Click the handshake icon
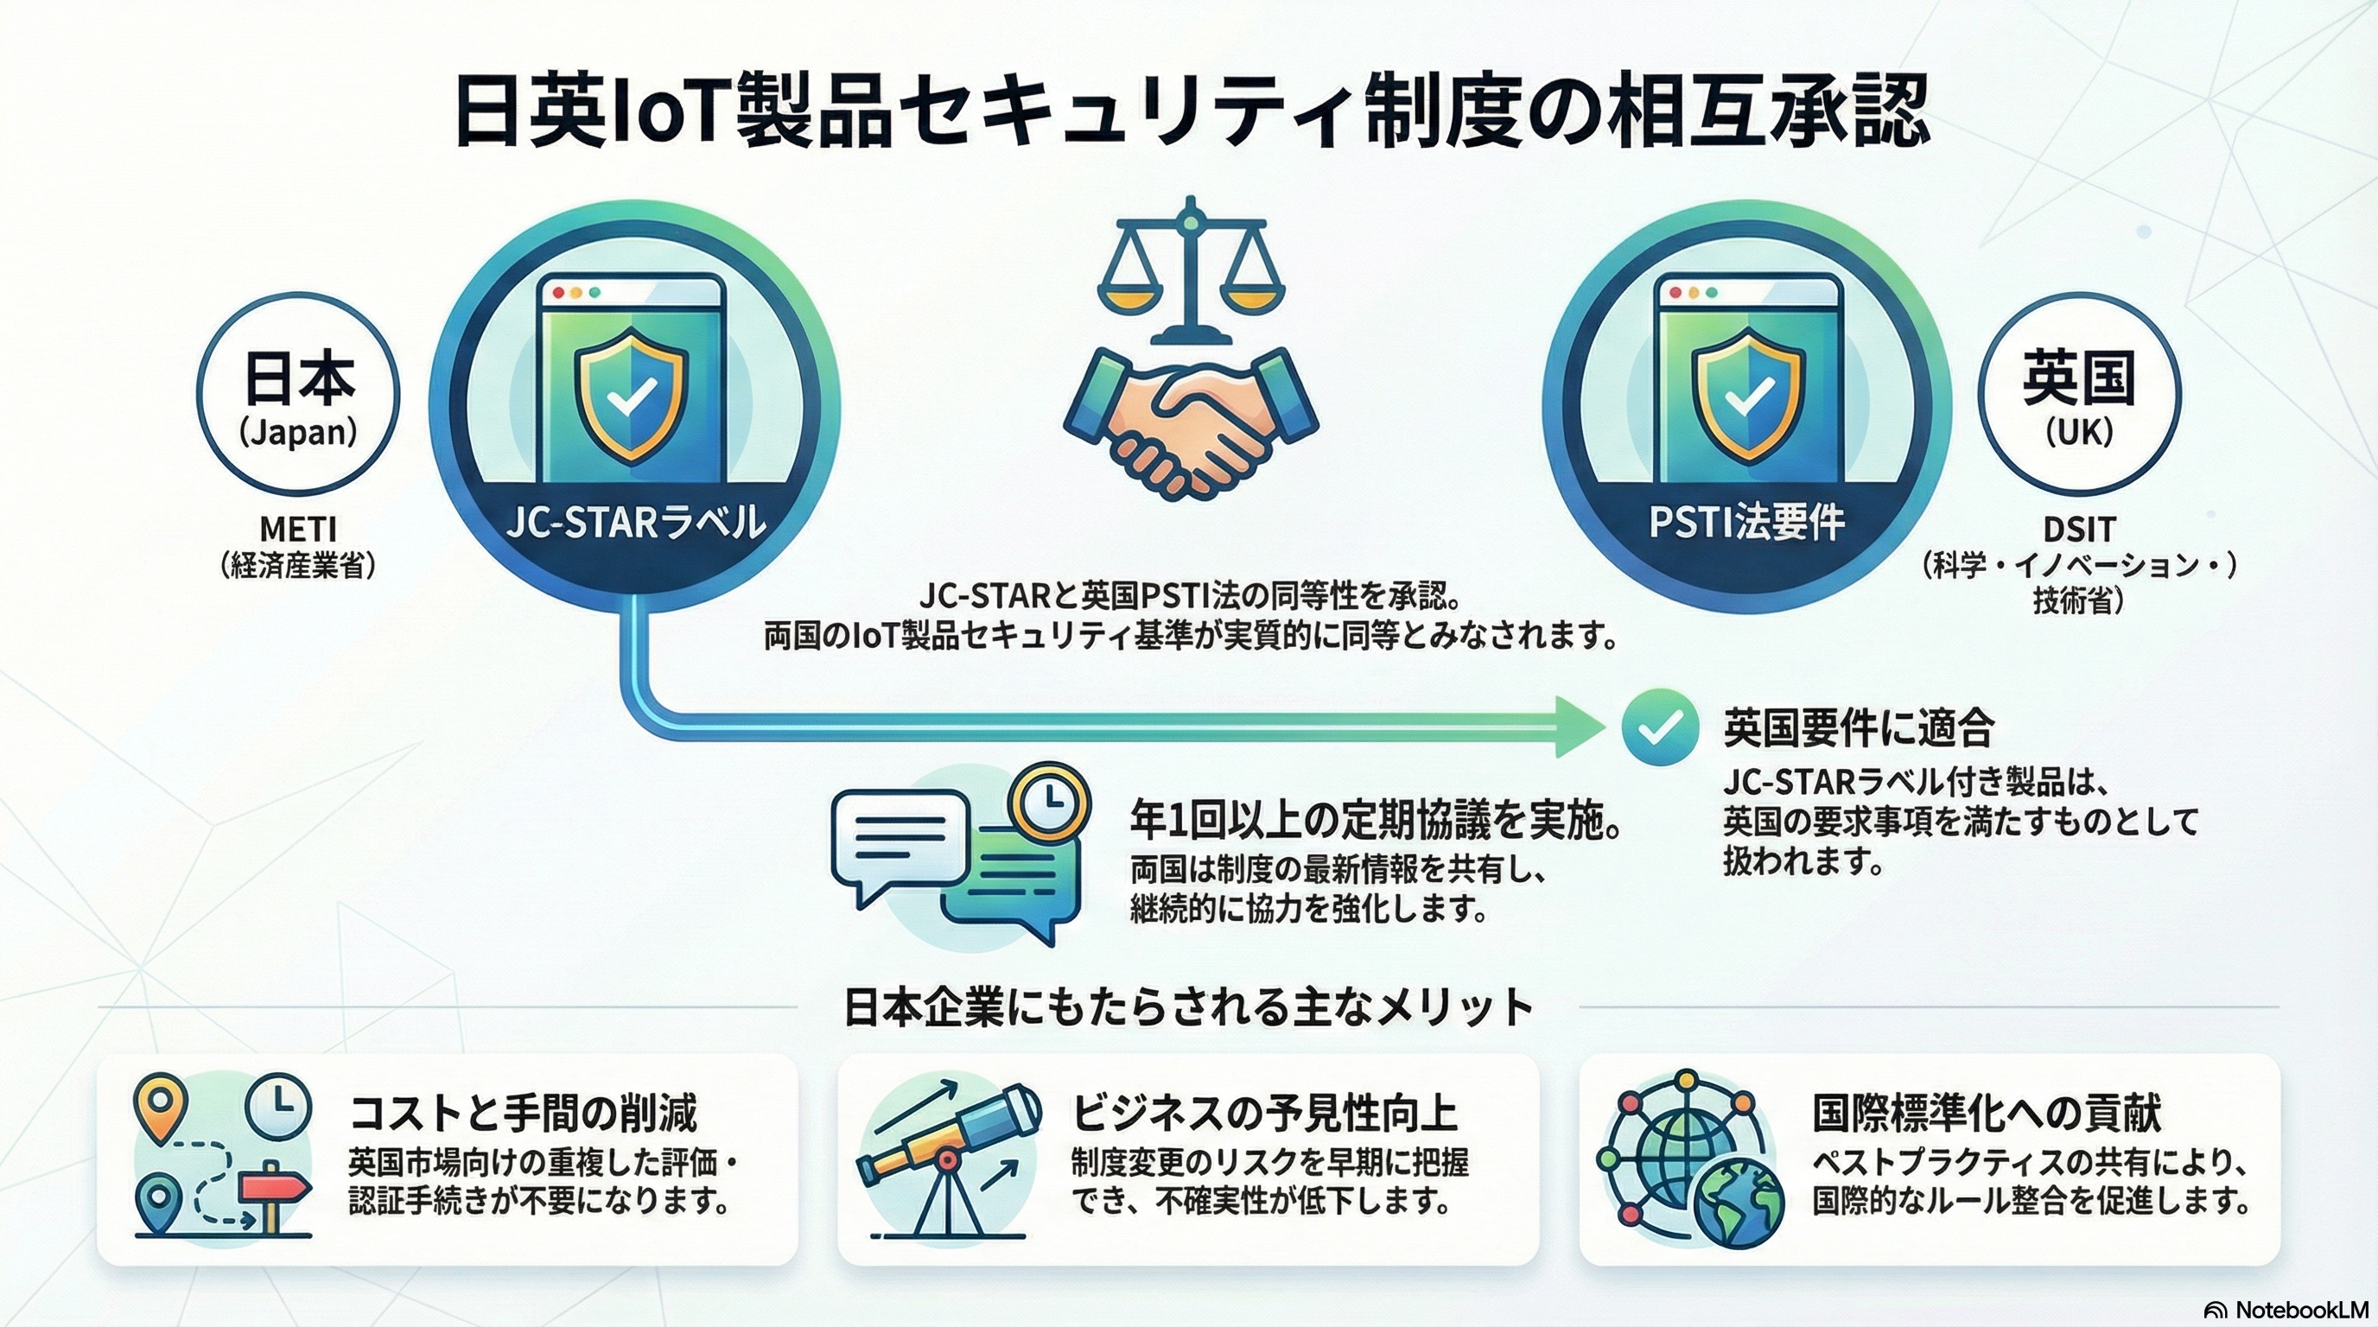click(1191, 421)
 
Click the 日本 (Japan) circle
click(298, 397)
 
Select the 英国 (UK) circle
click(2079, 397)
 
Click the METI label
click(298, 530)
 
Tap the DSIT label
click(2079, 530)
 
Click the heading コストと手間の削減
click(524, 1113)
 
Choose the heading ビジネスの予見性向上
click(1264, 1113)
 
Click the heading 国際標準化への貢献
click(1987, 1113)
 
